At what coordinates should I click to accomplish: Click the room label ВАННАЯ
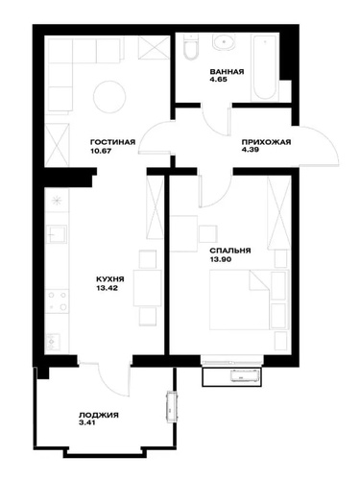click(x=227, y=71)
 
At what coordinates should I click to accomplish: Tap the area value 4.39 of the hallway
click(x=251, y=150)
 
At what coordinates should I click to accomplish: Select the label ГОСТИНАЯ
click(x=113, y=142)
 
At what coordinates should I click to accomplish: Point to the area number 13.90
click(x=220, y=259)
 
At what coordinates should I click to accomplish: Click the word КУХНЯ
click(x=110, y=279)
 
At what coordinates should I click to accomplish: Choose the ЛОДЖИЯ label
click(x=99, y=416)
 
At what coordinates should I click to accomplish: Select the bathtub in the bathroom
click(x=264, y=68)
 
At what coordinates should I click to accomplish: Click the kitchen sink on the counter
click(x=57, y=234)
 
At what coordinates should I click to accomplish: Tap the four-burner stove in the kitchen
click(x=57, y=300)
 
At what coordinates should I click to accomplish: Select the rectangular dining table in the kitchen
click(x=147, y=288)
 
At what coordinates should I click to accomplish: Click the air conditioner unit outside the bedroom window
click(x=243, y=375)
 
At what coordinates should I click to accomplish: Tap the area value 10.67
click(x=101, y=151)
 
